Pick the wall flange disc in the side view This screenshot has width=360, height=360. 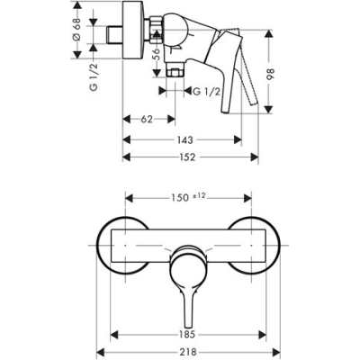point(135,33)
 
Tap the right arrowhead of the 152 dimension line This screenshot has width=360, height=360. point(256,155)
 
